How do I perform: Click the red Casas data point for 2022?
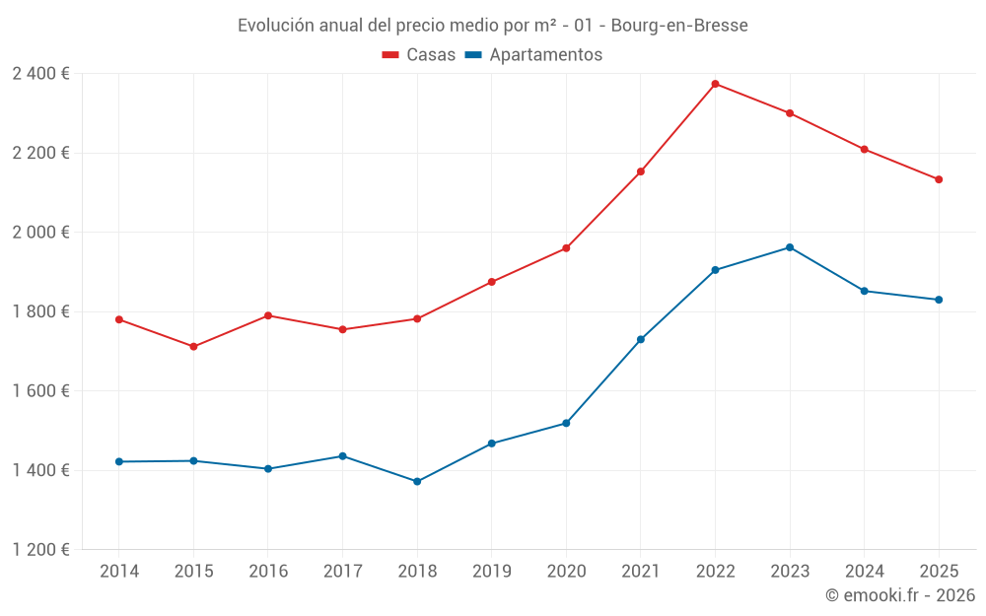pyautogui.click(x=715, y=84)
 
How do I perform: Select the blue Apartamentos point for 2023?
pyautogui.click(x=790, y=247)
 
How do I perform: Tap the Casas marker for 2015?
pyautogui.click(x=193, y=347)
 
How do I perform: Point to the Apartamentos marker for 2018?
pyautogui.click(x=417, y=482)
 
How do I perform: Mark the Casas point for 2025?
pyautogui.click(x=939, y=179)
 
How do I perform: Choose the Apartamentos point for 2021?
pyautogui.click(x=641, y=340)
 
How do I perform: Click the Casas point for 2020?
pyautogui.click(x=566, y=248)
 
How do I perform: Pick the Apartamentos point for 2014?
pyautogui.click(x=118, y=461)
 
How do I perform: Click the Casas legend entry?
pyautogui.click(x=419, y=55)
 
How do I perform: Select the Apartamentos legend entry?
pyautogui.click(x=533, y=55)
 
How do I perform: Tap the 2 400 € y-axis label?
pyautogui.click(x=40, y=74)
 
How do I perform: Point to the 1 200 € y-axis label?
pyautogui.click(x=40, y=550)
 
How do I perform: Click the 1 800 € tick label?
pyautogui.click(x=40, y=311)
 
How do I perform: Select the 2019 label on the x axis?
pyautogui.click(x=491, y=572)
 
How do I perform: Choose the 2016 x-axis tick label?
pyautogui.click(x=268, y=572)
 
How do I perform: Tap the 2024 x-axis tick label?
pyautogui.click(x=864, y=572)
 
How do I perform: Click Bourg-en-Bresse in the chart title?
pyautogui.click(x=679, y=26)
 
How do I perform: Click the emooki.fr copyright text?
pyautogui.click(x=900, y=595)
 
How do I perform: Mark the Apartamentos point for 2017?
pyautogui.click(x=342, y=456)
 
